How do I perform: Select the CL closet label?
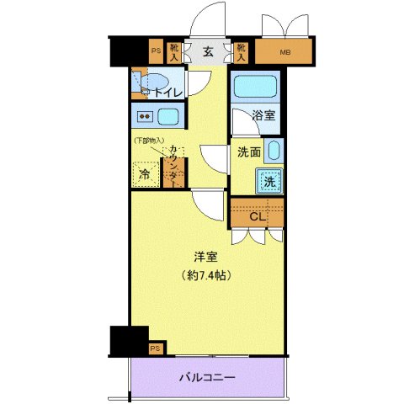click(x=258, y=216)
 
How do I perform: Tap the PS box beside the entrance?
click(x=155, y=51)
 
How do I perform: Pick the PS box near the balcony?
click(x=155, y=348)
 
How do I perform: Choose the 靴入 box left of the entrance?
click(x=175, y=53)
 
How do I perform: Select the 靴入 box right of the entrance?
click(x=241, y=53)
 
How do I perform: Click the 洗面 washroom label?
click(x=247, y=153)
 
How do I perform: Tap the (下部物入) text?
click(x=148, y=141)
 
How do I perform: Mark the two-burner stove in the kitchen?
click(x=144, y=116)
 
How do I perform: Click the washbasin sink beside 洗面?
click(x=274, y=151)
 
